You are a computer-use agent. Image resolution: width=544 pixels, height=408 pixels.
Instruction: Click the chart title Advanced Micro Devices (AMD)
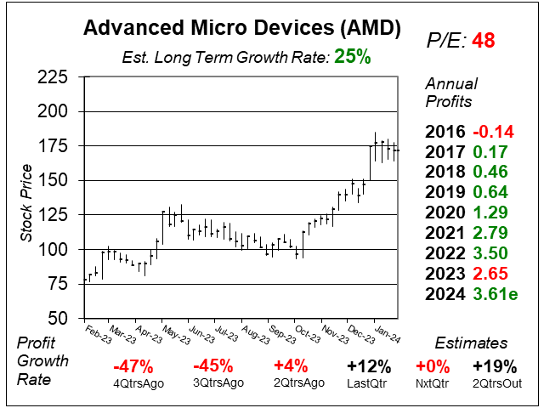[242, 29]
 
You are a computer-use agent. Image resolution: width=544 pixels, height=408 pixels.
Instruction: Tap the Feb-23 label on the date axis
[99, 331]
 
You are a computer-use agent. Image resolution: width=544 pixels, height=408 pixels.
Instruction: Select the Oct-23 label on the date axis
[307, 331]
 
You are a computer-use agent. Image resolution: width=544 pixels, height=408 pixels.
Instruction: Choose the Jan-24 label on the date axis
[386, 331]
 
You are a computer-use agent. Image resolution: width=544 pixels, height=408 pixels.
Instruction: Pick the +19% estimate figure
[495, 367]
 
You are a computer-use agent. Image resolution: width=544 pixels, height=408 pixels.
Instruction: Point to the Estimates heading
[472, 343]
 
